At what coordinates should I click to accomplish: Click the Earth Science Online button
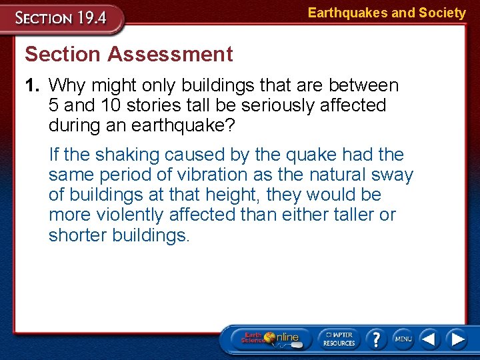point(270,338)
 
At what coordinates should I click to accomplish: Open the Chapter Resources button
point(339,338)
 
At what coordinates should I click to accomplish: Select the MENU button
point(403,339)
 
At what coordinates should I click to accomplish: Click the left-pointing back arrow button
point(429,339)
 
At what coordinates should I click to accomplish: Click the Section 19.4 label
point(61,18)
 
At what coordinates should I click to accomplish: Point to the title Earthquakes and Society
point(386,13)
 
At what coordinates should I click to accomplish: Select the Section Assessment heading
point(129,54)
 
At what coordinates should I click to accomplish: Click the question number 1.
point(33,85)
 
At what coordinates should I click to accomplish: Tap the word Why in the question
point(67,85)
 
